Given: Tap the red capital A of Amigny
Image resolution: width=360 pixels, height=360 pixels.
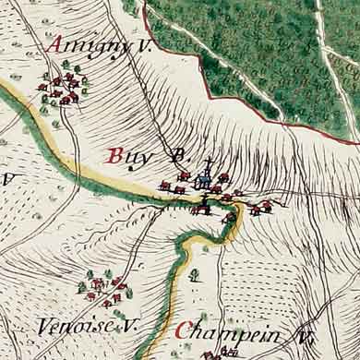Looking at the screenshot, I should coord(56,44).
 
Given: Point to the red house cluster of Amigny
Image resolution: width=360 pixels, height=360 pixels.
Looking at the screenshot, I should coord(62,88).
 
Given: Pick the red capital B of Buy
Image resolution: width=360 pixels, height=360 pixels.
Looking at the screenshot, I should coord(115,156).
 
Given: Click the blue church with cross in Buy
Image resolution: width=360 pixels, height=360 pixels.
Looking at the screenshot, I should coord(204,178).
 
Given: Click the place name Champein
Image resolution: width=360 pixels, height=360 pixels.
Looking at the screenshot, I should coord(226,331).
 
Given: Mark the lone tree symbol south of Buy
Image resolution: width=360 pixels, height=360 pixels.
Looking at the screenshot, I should coord(195,273).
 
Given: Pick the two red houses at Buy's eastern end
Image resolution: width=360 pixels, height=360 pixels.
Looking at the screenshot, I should coord(260,208).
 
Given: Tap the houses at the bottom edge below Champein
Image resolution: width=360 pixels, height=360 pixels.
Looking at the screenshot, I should coord(220,354).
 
